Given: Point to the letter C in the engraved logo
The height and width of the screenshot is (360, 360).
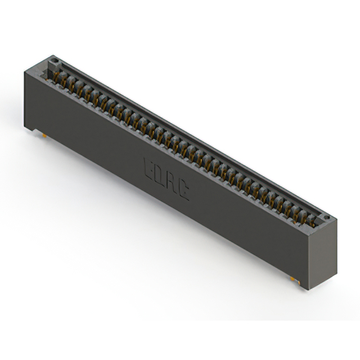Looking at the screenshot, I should pyautogui.click(x=183, y=191).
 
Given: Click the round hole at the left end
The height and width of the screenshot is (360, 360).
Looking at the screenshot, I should pyautogui.click(x=55, y=60).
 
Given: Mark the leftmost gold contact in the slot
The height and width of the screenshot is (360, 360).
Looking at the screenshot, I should pyautogui.click(x=64, y=79).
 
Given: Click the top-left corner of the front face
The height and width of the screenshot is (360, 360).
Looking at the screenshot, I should pyautogui.click(x=25, y=71).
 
